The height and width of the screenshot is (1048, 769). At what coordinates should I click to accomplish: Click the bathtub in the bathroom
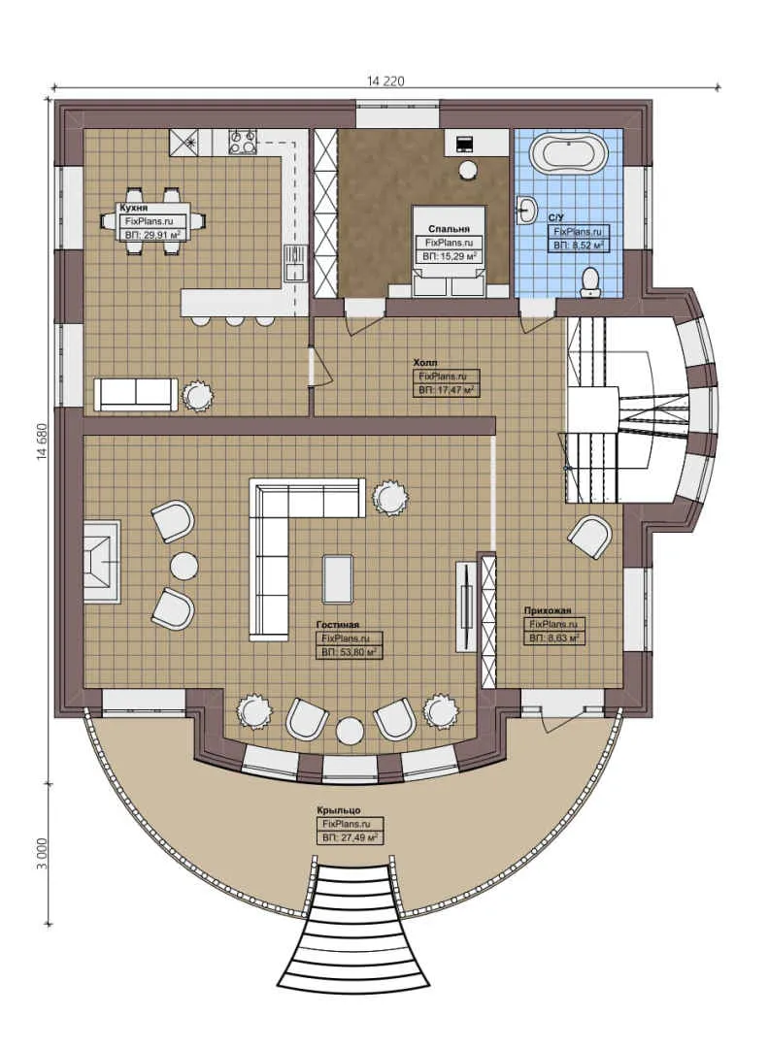click(x=573, y=153)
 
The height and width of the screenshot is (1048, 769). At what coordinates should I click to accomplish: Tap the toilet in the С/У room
click(x=590, y=281)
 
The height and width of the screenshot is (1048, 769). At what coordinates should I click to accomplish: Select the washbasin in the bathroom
click(x=526, y=209)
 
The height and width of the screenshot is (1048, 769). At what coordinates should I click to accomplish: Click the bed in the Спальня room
click(x=449, y=250)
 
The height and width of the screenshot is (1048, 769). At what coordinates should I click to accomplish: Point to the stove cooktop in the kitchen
click(x=242, y=143)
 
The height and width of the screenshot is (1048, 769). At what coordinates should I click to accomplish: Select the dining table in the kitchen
click(x=154, y=221)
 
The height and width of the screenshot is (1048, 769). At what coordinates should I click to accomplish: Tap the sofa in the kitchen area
click(x=135, y=393)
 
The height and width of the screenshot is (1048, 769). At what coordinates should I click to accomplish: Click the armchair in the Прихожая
click(x=591, y=537)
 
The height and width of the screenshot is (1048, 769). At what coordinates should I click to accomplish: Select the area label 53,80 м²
click(x=349, y=653)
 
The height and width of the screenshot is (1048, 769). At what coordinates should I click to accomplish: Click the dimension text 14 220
click(x=385, y=81)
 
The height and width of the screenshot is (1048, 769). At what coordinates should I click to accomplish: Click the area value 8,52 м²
click(x=579, y=246)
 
